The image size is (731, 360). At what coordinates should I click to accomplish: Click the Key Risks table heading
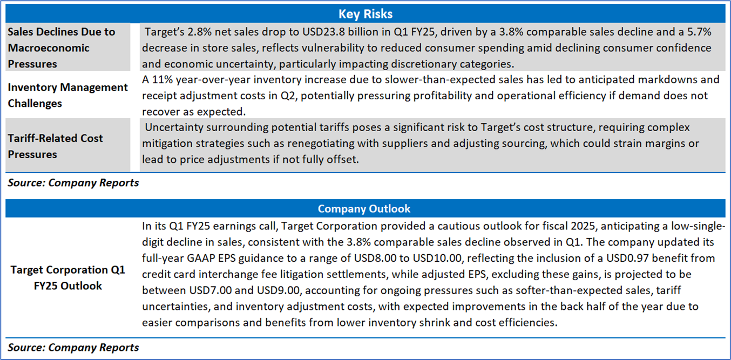point(365,13)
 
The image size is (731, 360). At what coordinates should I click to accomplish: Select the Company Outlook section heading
point(364,208)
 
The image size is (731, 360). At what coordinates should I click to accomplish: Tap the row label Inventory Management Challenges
point(67,95)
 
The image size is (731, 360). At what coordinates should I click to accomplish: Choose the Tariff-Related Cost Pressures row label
point(55,146)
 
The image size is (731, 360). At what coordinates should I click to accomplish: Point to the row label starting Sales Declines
point(61,47)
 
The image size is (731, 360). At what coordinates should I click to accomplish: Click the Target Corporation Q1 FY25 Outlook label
point(67,277)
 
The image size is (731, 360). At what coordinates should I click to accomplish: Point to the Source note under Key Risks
point(73,182)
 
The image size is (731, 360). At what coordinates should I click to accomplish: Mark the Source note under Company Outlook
point(73,348)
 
